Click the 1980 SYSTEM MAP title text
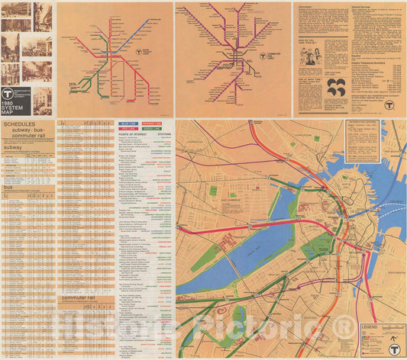click(14, 104)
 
